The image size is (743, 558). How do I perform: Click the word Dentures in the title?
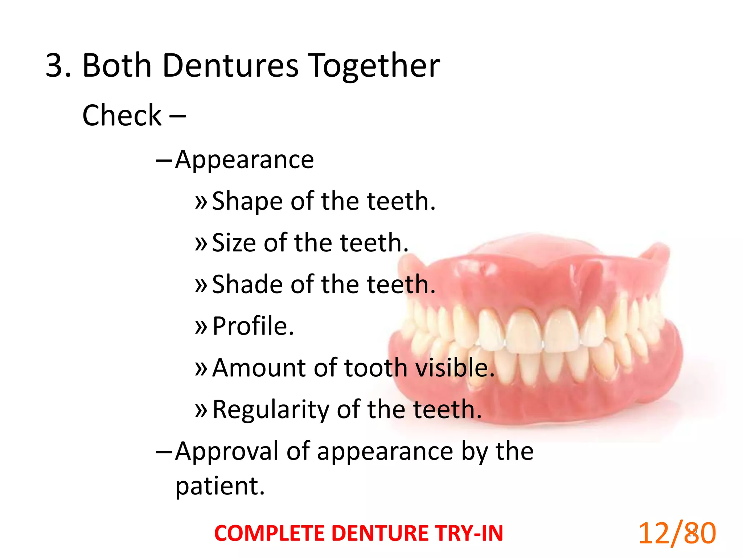[230, 65]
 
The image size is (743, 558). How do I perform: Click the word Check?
[122, 115]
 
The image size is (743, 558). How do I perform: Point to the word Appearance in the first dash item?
[244, 160]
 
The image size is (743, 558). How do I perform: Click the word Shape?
[247, 201]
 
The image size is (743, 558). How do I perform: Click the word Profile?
[253, 326]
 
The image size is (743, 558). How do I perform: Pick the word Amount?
[259, 368]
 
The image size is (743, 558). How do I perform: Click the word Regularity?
[270, 409]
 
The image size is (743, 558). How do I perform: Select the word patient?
[219, 486]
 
